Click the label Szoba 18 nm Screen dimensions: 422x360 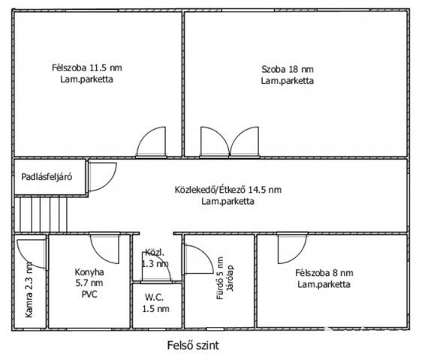pyautogui.click(x=288, y=69)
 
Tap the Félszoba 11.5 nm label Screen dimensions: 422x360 pyautogui.click(x=87, y=67)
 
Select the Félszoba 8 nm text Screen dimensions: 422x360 pyautogui.click(x=324, y=273)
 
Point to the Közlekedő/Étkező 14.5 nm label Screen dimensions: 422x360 pyautogui.click(x=228, y=190)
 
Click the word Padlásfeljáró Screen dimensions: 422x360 pyautogui.click(x=47, y=177)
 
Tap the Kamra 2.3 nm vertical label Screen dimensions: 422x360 pyautogui.click(x=29, y=289)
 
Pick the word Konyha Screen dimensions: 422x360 pyautogui.click(x=89, y=272)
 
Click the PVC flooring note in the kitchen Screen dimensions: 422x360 pyautogui.click(x=89, y=295)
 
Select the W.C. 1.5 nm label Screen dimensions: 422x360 pyautogui.click(x=156, y=303)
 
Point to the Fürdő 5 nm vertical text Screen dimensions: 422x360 pyautogui.click(x=220, y=278)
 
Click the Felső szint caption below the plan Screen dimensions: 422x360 pyautogui.click(x=193, y=345)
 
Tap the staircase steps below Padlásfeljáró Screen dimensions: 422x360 pyautogui.click(x=41, y=214)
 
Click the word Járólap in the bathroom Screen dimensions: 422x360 pyautogui.click(x=231, y=278)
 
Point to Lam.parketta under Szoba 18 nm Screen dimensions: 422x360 pyautogui.click(x=288, y=81)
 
